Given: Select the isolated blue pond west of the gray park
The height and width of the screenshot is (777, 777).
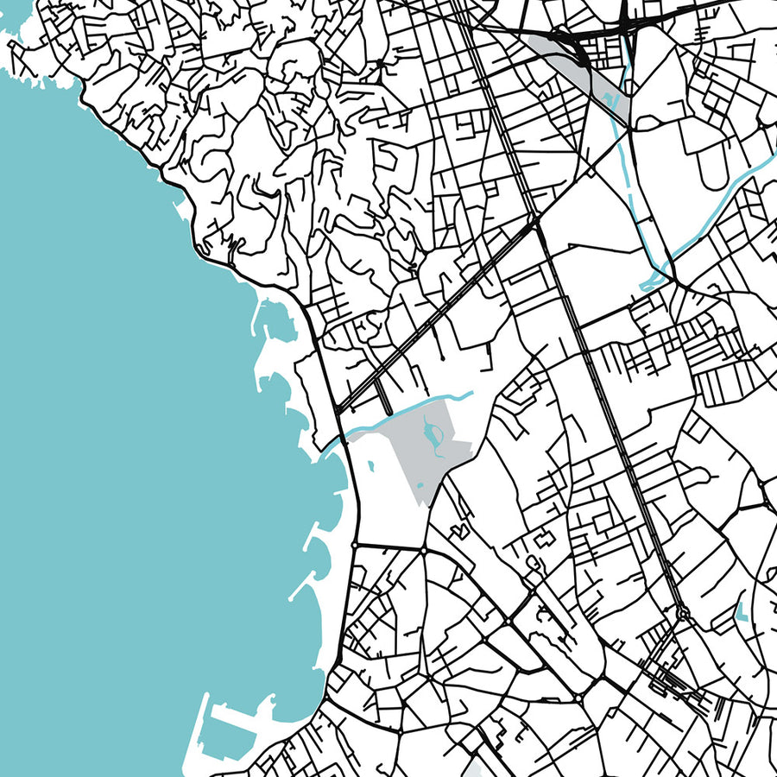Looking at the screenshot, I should point(370,467).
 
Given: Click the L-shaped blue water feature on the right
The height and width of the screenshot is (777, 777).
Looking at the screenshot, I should point(741,613).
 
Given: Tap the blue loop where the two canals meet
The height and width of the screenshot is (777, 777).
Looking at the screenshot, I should point(656,278).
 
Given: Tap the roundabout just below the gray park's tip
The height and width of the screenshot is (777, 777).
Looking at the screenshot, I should point(425,549).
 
